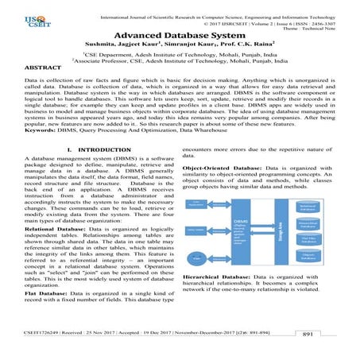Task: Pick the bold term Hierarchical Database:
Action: click(x=221, y=300)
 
